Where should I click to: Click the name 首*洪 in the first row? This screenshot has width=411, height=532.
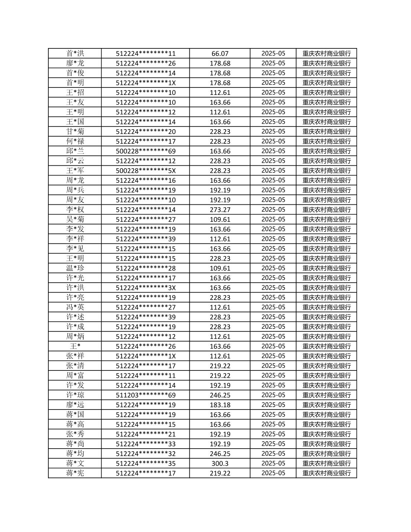coord(75,54)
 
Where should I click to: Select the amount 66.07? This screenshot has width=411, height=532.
coord(220,54)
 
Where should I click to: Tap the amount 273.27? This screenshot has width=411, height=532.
coord(220,210)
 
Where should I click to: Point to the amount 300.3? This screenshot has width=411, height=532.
coord(220,463)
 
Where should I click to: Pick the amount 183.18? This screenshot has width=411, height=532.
coord(220,405)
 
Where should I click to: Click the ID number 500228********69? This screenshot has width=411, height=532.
coord(145,151)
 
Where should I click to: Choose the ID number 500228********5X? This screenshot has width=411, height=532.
coord(145,171)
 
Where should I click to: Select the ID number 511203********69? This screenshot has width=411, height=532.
coord(145,395)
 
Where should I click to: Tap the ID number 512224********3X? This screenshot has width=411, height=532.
coord(145,288)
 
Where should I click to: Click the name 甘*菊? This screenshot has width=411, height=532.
coord(75,131)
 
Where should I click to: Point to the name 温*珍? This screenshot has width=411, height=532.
coord(75,268)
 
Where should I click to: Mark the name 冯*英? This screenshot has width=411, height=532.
coord(75,307)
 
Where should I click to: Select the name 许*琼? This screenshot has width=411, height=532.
coord(75,395)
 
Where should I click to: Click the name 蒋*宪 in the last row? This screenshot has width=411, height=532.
coord(75,473)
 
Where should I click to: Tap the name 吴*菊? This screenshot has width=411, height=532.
coord(75,219)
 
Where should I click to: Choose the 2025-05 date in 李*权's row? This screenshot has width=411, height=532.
coord(273,210)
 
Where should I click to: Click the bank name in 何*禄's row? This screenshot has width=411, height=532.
coord(327,141)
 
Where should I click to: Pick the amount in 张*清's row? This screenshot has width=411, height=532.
coord(220,366)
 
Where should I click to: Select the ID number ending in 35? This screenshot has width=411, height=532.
coord(145,463)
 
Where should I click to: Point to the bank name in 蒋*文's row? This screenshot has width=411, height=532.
coord(327,463)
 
